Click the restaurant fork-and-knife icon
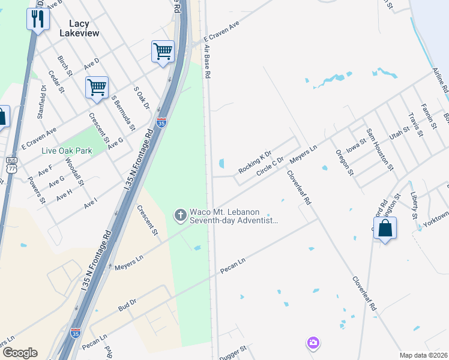(38, 19)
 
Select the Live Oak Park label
(67, 151)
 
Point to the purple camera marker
(313, 343)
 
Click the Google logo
(19, 353)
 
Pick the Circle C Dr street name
(270, 166)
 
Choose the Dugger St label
(234, 350)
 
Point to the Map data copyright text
(423, 355)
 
